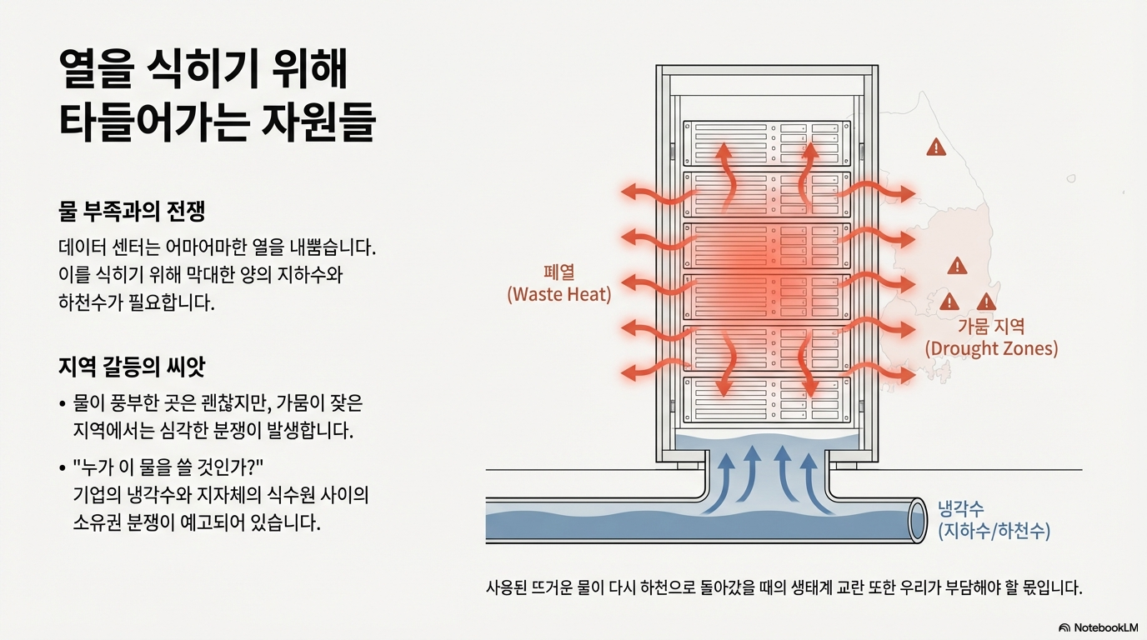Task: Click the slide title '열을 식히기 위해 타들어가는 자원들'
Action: (x=217, y=96)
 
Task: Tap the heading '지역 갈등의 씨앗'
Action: (x=132, y=367)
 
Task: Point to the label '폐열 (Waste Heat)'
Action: (x=559, y=283)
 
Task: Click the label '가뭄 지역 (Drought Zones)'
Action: (x=991, y=337)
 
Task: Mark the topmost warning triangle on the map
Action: (x=936, y=148)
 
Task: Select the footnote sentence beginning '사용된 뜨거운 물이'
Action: (x=784, y=587)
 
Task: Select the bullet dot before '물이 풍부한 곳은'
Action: (x=63, y=405)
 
